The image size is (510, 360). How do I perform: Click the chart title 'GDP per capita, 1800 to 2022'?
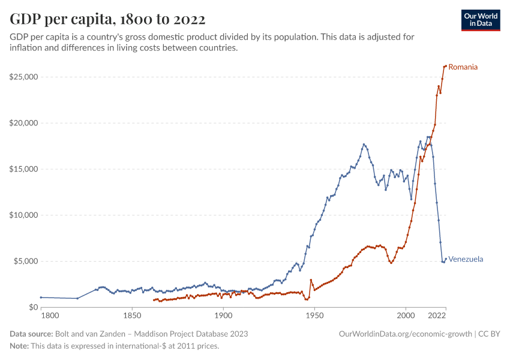tap(107, 19)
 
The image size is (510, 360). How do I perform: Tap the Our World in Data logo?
tap(481, 20)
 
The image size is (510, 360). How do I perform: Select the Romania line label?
tap(463, 67)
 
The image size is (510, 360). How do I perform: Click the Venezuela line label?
tap(466, 259)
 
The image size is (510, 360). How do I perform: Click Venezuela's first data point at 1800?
tap(41, 297)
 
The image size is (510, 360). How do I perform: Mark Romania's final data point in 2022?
tap(445, 66)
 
